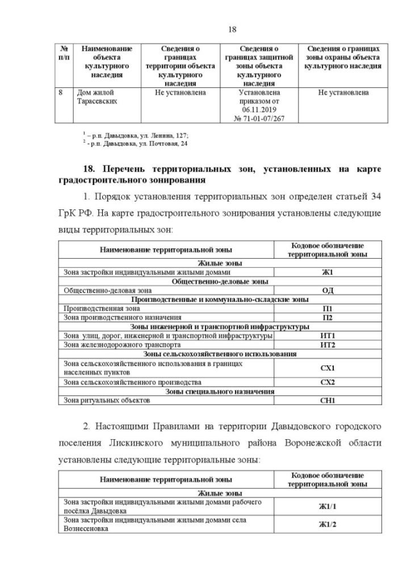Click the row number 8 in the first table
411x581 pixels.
pos(60,93)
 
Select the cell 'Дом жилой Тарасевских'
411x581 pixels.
pos(98,97)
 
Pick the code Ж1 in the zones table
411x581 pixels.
pos(328,272)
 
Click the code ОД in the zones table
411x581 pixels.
pos(328,290)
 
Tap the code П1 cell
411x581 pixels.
pos(328,308)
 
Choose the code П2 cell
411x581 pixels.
pos(328,317)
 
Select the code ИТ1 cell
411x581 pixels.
pos(328,336)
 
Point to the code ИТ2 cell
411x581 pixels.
pos(328,345)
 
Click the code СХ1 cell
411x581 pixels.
pos(328,368)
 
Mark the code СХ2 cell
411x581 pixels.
pos(328,382)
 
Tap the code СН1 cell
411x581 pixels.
pos(328,401)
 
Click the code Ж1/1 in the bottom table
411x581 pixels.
pos(328,507)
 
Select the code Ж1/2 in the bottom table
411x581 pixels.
pos(328,525)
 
